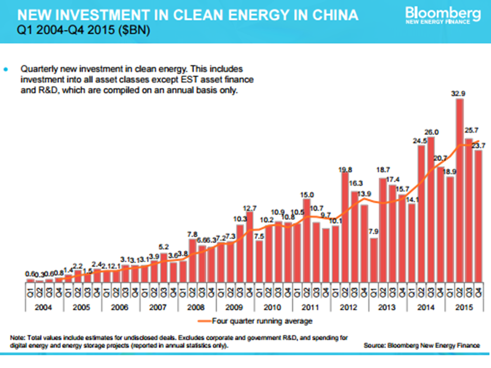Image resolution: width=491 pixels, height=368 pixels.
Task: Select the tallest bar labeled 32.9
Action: pos(459,189)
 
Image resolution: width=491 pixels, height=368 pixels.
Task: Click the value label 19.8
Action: pos(345,170)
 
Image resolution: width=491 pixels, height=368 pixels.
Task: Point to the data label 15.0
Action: pos(307,194)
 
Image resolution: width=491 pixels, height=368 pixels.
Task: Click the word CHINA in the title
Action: pos(332,15)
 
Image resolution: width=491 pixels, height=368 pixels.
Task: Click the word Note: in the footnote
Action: pos(18,338)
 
